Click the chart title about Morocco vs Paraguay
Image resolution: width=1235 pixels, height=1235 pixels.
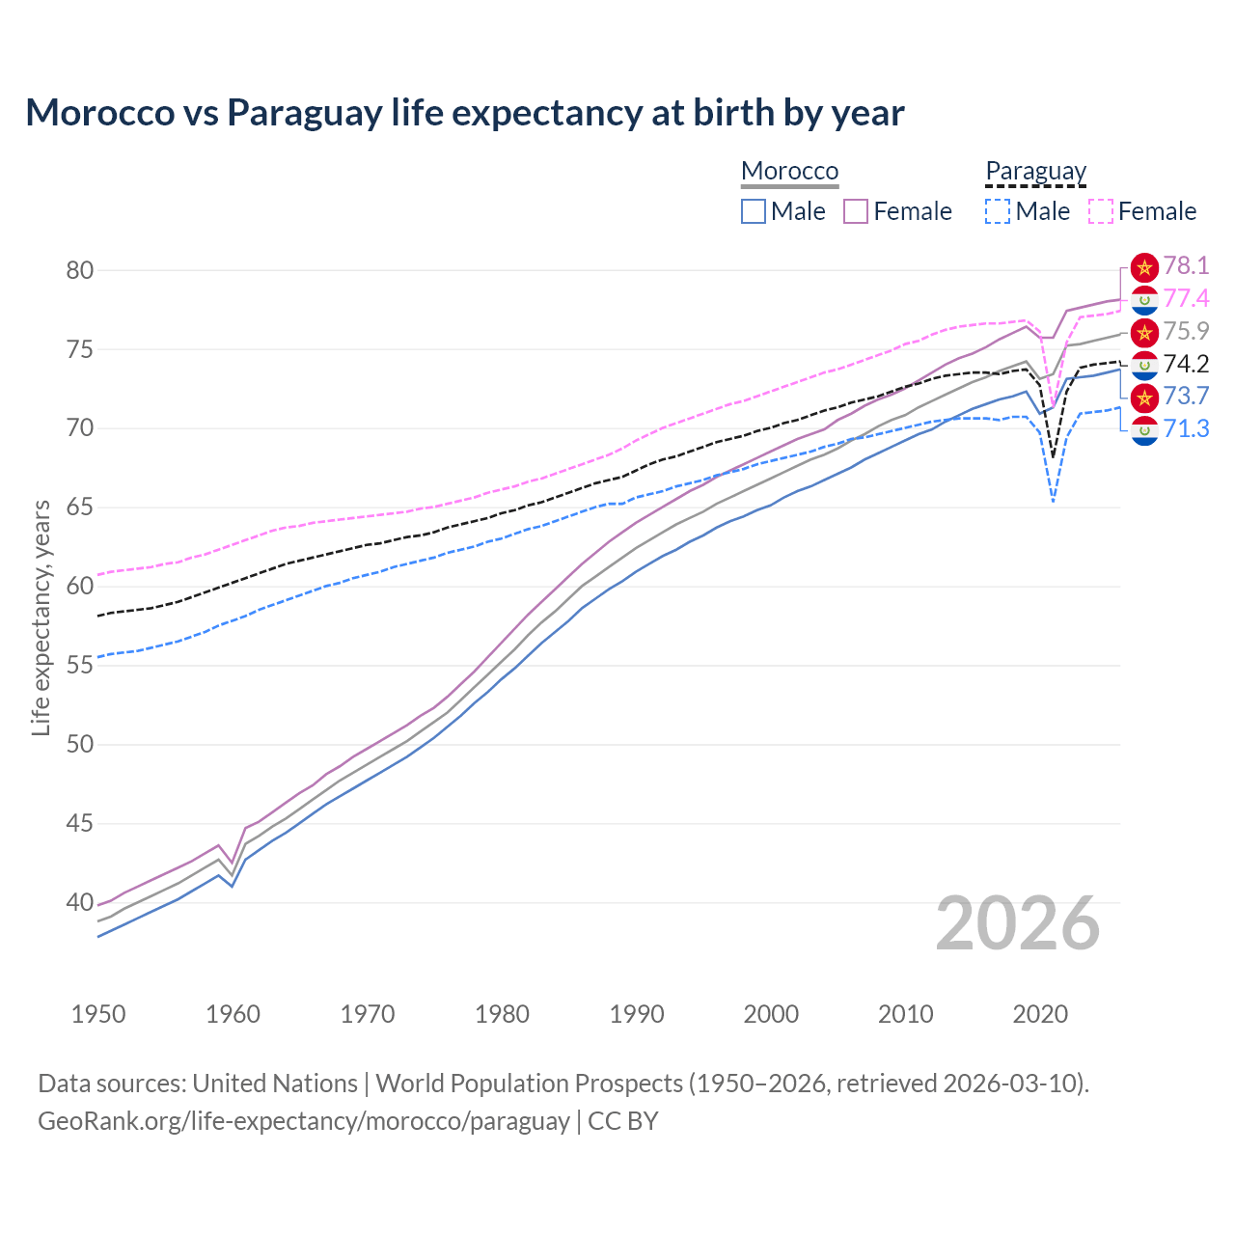[464, 113]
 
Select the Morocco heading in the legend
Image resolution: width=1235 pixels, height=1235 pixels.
[789, 171]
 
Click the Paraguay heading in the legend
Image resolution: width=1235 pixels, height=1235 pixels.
[1035, 171]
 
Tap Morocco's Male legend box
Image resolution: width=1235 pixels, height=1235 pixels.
[754, 211]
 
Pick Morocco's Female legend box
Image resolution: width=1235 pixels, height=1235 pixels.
[856, 211]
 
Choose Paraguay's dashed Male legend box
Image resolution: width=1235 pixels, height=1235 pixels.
[998, 211]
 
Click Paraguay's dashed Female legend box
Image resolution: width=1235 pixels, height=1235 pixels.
[1101, 211]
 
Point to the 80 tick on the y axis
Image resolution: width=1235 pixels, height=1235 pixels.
[80, 270]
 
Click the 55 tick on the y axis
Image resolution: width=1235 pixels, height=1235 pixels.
[80, 666]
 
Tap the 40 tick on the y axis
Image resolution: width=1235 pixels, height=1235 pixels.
[80, 903]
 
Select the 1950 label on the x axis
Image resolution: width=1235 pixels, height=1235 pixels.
[98, 1014]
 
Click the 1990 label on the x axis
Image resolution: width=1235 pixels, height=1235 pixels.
[637, 1014]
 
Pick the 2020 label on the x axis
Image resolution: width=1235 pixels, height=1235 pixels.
[1040, 1014]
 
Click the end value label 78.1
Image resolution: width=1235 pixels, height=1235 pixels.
[1186, 266]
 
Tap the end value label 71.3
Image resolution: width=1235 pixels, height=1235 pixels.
[1186, 429]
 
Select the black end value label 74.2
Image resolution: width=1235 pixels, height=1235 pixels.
[1186, 364]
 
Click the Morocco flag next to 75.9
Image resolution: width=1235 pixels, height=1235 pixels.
[1144, 332]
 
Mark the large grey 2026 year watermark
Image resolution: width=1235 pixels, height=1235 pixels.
[1017, 923]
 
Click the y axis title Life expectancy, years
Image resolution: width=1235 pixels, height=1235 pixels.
[41, 617]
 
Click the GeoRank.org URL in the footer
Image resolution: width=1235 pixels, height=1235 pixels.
[304, 1121]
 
